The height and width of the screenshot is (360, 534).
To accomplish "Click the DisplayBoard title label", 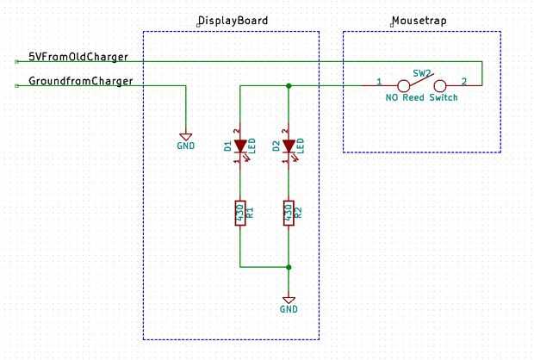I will pyautogui.click(x=233, y=21).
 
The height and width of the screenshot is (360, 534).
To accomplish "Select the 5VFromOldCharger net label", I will pyautogui.click(x=78, y=56).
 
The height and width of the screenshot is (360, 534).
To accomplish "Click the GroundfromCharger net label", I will pyautogui.click(x=80, y=81).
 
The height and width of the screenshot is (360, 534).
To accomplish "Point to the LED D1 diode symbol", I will pyautogui.click(x=240, y=146).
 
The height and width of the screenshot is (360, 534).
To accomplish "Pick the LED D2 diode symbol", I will pyautogui.click(x=289, y=146).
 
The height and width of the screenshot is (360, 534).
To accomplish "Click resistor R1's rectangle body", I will pyautogui.click(x=240, y=213).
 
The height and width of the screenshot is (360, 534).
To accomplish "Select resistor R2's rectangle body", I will pyautogui.click(x=289, y=213).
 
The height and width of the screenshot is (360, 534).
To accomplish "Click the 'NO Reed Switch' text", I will pyautogui.click(x=421, y=97).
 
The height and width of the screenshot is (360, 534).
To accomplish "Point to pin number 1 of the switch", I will pyautogui.click(x=379, y=82).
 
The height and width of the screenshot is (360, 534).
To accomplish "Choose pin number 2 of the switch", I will pyautogui.click(x=463, y=82).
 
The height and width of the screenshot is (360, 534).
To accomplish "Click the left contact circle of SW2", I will pyautogui.click(x=402, y=86).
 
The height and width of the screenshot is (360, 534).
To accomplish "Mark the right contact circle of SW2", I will pyautogui.click(x=440, y=86).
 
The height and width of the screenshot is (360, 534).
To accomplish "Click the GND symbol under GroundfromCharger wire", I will pyautogui.click(x=185, y=136).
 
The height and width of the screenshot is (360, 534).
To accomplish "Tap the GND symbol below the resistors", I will pyautogui.click(x=289, y=300).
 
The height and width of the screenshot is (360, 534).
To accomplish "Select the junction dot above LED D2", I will pyautogui.click(x=289, y=86).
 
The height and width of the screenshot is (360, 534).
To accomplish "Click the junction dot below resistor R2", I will pyautogui.click(x=289, y=266).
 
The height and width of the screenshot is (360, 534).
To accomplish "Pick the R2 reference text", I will pyautogui.click(x=298, y=213).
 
